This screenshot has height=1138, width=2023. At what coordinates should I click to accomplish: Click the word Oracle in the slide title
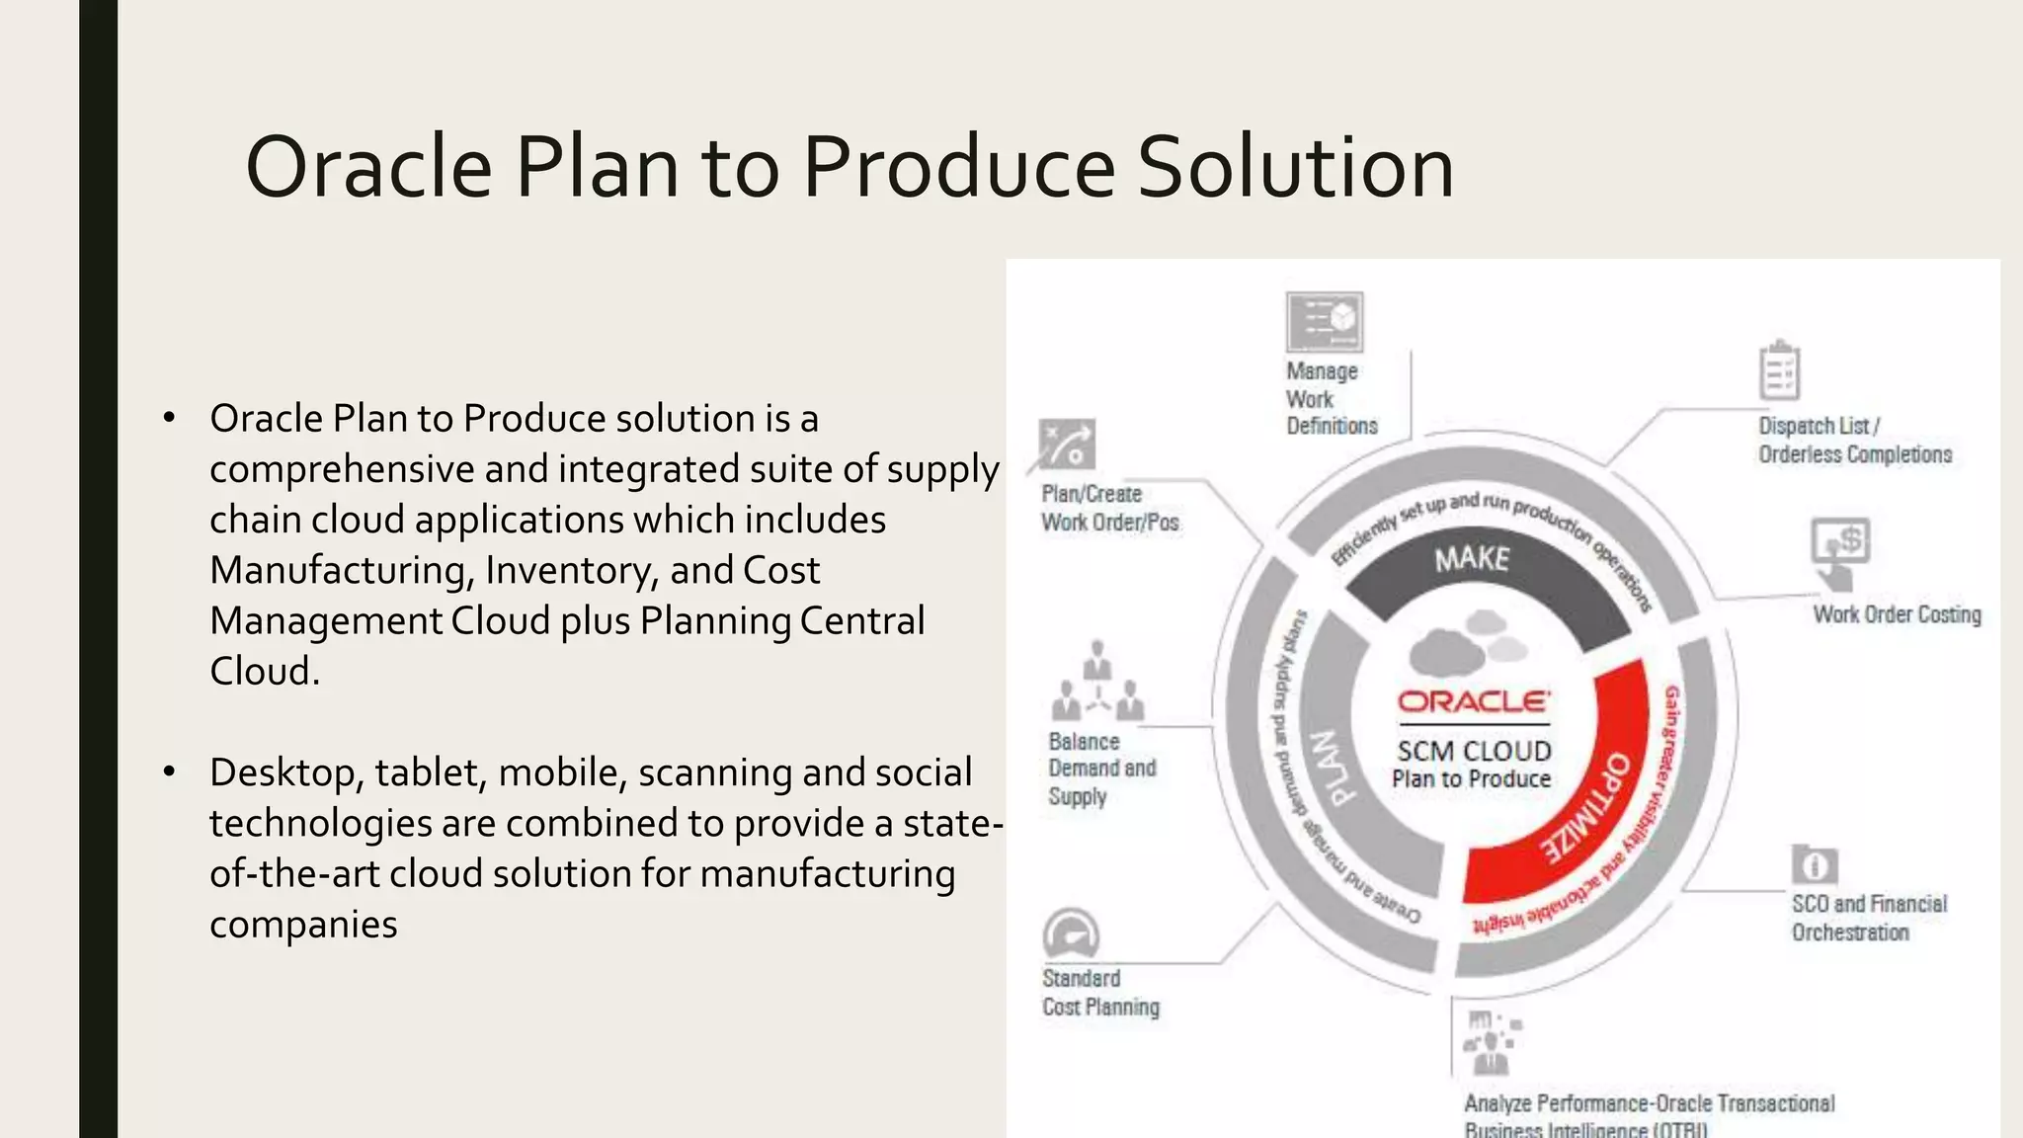368,167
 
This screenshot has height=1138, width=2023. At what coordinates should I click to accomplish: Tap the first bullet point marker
169,419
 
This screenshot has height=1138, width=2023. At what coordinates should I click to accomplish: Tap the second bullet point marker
169,772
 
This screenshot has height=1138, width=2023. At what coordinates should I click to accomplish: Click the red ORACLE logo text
1473,702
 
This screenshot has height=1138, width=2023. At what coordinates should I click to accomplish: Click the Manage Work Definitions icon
1325,321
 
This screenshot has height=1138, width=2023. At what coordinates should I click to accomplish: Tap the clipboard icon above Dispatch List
1779,370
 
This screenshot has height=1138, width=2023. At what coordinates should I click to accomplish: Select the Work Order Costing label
1897,614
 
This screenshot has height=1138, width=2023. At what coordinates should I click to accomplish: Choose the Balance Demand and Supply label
1100,769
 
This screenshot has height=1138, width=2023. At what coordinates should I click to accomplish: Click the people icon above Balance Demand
1096,682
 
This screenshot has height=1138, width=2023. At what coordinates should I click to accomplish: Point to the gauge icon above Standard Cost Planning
1071,934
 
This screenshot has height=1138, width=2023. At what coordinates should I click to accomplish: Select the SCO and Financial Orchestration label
1869,918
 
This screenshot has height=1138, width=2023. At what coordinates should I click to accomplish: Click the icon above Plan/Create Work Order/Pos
1067,445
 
